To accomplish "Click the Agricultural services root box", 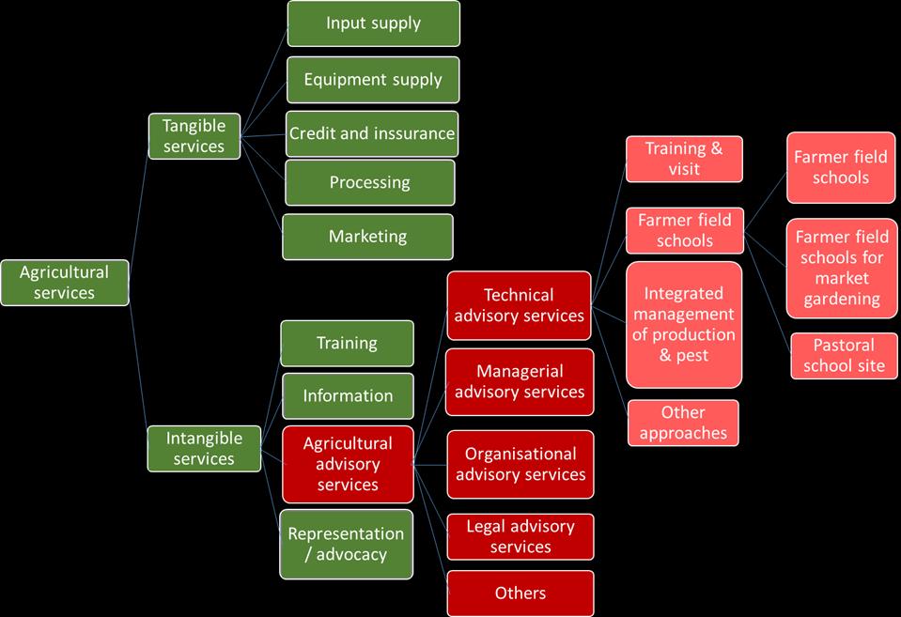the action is tap(65, 283).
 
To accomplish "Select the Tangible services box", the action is tap(194, 135).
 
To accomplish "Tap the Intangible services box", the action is tap(204, 448).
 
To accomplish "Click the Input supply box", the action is tap(373, 23).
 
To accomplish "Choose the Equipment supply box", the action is tap(372, 80).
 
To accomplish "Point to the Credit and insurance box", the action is tap(372, 133).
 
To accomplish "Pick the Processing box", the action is tap(369, 182).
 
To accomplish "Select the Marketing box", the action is tap(367, 237).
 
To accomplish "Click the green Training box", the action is tap(347, 344).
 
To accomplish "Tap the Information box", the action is tap(348, 395).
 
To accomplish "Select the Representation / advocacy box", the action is tap(346, 544).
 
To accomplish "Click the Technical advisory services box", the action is tap(519, 305).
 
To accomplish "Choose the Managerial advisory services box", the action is tap(519, 381).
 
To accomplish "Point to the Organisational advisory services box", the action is tap(520, 464).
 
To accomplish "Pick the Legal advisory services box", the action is tap(520, 536).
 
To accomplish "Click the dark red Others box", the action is tap(520, 593).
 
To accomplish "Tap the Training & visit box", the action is tap(684, 159).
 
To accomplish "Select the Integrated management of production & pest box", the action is tap(683, 325).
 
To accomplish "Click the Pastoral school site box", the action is tap(844, 355).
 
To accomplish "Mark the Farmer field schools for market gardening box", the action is tap(841, 268).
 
